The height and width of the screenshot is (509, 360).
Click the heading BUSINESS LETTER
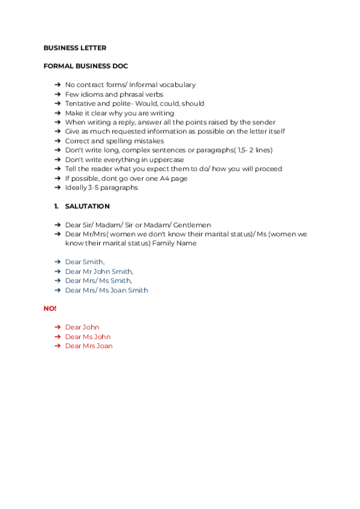click(75, 47)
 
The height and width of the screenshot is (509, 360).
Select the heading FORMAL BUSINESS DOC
click(86, 66)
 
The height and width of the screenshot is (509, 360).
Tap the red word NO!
click(50, 309)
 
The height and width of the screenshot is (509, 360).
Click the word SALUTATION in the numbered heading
click(87, 206)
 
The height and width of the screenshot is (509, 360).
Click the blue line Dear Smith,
click(85, 262)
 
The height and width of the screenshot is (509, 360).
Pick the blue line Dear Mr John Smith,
click(99, 271)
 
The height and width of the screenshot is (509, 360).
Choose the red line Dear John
click(82, 327)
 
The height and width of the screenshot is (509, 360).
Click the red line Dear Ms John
click(88, 337)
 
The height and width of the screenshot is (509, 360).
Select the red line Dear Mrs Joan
click(89, 346)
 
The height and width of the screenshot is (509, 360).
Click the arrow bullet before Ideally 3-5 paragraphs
click(57, 187)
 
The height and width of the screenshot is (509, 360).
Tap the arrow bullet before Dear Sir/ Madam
click(57, 225)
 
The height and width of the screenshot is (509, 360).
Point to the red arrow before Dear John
click(57, 327)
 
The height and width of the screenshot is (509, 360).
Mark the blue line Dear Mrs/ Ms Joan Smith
click(106, 290)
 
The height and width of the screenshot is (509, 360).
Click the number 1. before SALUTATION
click(56, 206)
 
